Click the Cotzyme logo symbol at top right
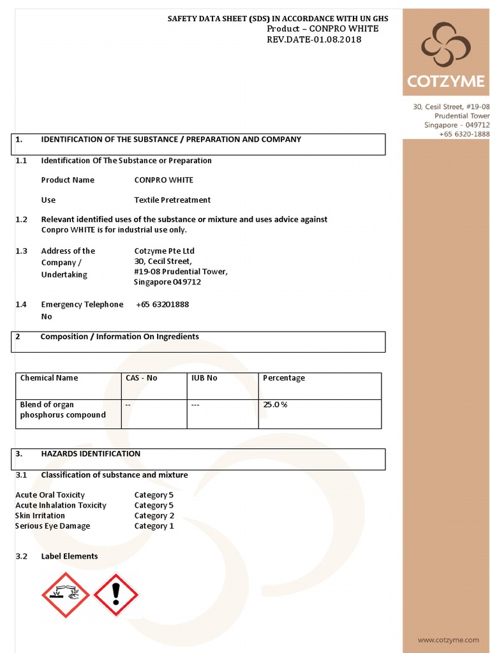(446, 45)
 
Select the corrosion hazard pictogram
(66, 594)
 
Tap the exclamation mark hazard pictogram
(115, 594)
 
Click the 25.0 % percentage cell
(275, 404)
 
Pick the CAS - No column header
(142, 378)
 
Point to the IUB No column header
(204, 378)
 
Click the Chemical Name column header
(49, 378)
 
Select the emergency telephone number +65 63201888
(163, 304)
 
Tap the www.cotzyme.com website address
(448, 639)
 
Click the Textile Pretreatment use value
(172, 200)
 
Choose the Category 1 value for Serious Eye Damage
(154, 526)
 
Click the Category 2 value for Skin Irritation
(154, 516)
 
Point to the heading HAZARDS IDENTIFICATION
(91, 453)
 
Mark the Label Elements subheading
(70, 556)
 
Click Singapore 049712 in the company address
(167, 282)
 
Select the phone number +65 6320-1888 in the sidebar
(464, 134)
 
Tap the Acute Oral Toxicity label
(50, 495)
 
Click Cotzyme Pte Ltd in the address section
(164, 251)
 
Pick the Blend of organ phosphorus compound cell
(63, 409)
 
